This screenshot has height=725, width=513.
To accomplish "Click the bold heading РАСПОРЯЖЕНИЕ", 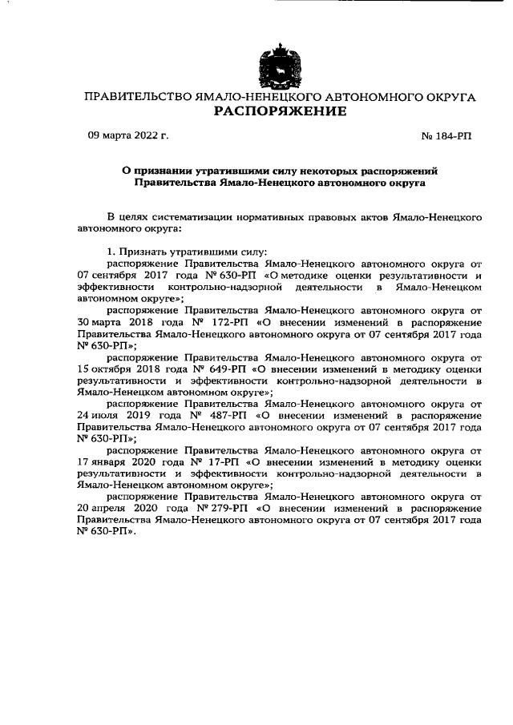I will click(x=280, y=111).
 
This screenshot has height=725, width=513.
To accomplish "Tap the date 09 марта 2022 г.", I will click(x=128, y=137).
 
